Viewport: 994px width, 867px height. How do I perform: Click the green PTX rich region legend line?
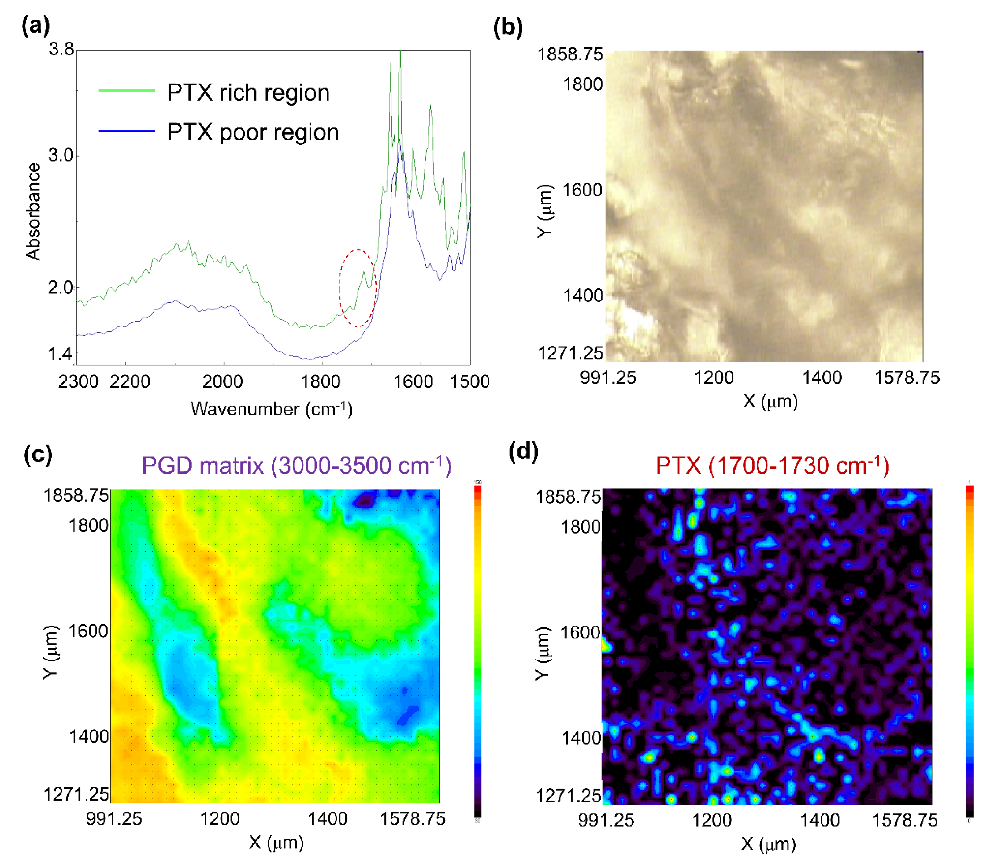127,91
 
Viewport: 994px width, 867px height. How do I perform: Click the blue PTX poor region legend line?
127,131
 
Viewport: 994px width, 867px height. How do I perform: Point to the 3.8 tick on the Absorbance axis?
61,49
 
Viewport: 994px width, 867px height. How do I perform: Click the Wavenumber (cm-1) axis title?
271,409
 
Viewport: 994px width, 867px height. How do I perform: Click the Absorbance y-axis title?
33,211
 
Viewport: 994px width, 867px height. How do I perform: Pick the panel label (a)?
36,25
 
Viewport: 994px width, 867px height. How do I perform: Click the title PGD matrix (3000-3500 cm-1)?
296,465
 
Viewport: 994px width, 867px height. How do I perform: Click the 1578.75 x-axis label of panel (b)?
907,378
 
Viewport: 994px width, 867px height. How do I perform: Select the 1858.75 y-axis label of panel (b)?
570,54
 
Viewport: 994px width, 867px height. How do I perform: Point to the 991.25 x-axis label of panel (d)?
606,820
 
